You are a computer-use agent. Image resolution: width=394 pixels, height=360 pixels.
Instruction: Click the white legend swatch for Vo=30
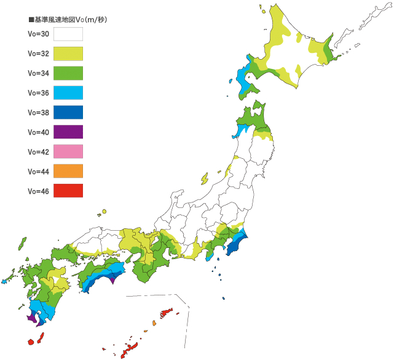click(x=68, y=34)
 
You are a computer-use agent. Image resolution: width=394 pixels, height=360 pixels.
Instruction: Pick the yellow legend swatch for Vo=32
click(x=68, y=54)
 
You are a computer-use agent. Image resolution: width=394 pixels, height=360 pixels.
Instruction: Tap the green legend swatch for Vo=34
click(x=68, y=73)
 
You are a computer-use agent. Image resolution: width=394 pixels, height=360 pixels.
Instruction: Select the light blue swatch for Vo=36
click(x=68, y=93)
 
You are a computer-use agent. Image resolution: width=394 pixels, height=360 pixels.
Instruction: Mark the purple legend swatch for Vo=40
click(x=68, y=132)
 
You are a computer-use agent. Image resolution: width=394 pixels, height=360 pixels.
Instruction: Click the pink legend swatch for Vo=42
click(x=68, y=152)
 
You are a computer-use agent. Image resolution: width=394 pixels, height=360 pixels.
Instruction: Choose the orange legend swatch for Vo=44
click(x=68, y=171)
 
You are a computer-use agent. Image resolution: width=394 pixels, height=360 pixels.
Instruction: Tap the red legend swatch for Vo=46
click(x=68, y=191)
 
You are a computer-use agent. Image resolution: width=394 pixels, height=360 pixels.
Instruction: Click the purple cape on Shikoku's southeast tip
click(x=112, y=282)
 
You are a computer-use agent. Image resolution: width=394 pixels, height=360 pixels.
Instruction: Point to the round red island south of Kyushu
click(x=30, y=342)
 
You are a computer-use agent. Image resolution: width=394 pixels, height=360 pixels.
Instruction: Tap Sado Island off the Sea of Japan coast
click(x=203, y=178)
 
